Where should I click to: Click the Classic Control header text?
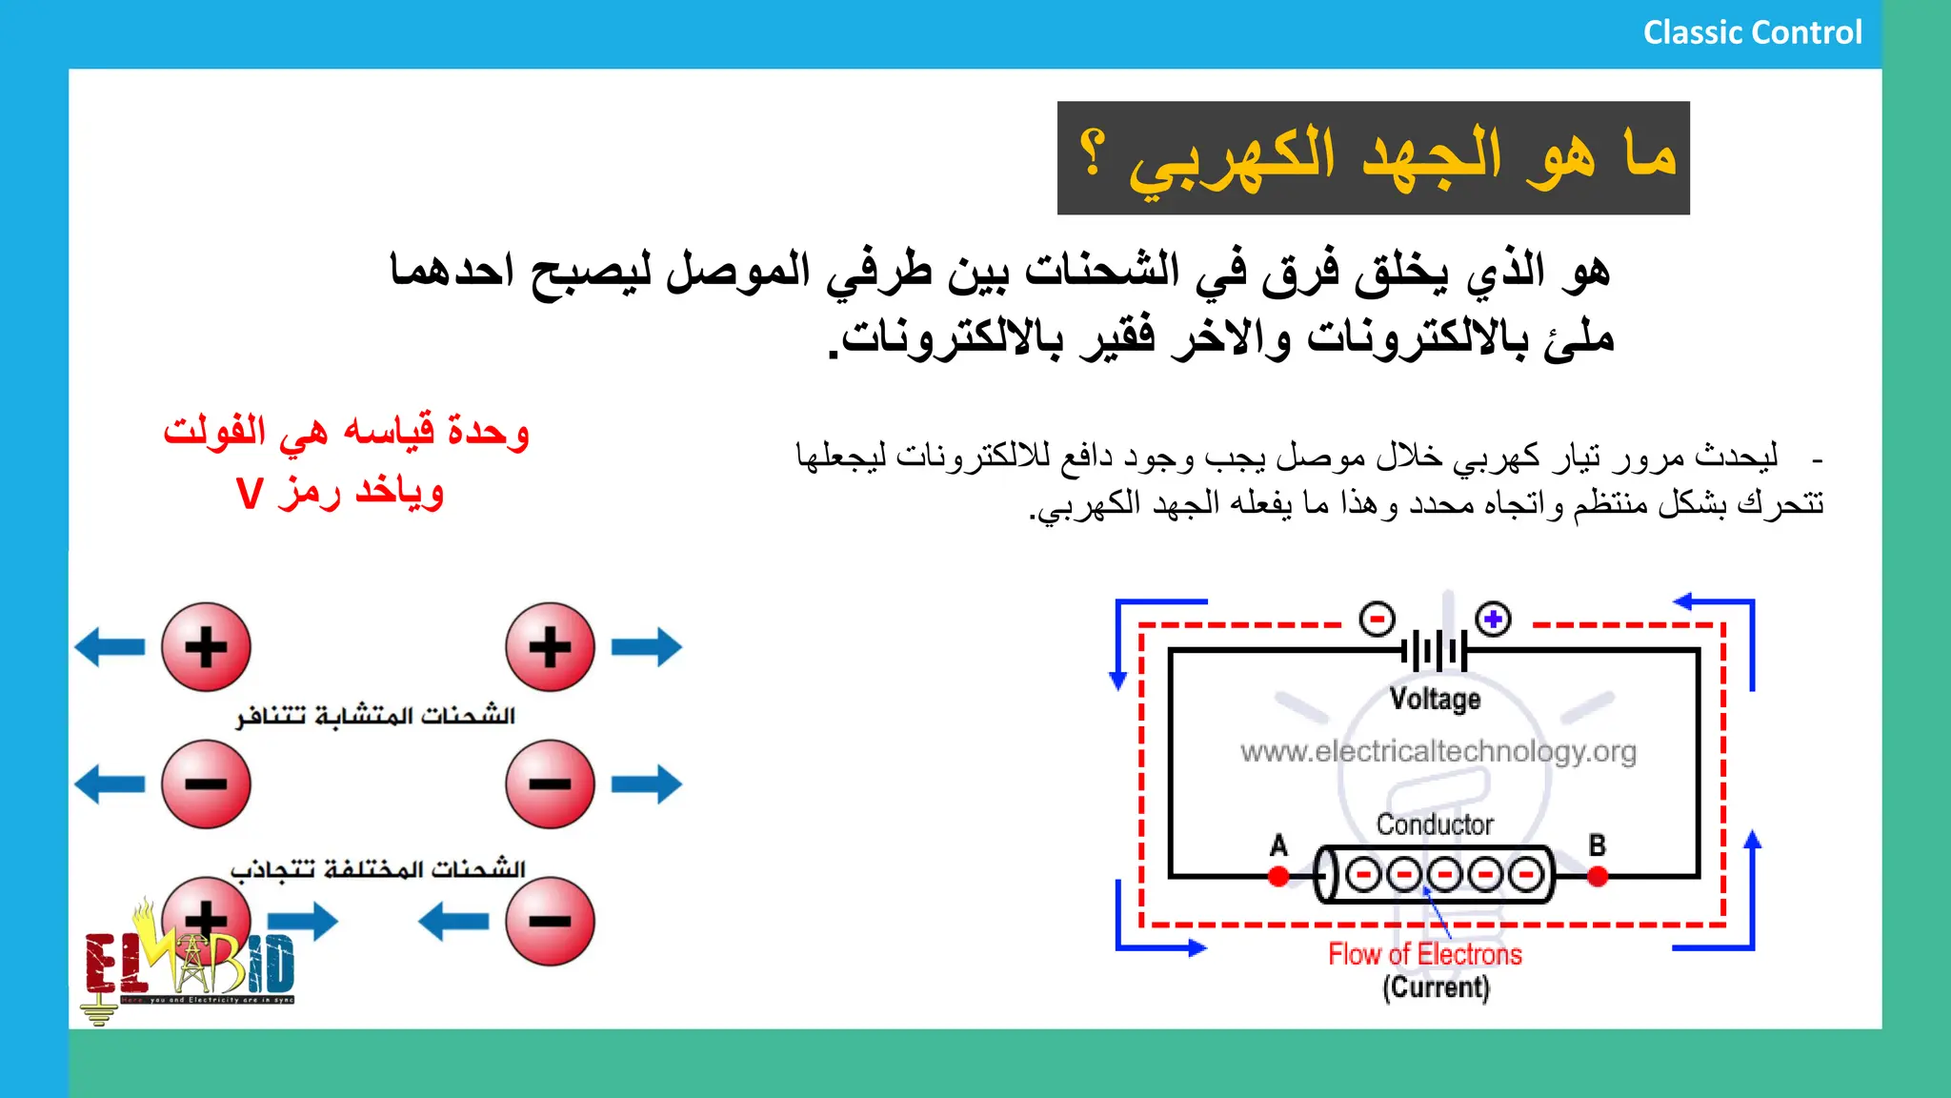point(1751,32)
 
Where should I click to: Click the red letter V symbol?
point(250,494)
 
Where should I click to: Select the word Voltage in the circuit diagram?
point(1435,699)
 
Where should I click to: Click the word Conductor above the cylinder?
point(1435,824)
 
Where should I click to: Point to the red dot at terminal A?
point(1278,876)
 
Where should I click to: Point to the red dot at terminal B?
point(1598,876)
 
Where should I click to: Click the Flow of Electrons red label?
point(1425,954)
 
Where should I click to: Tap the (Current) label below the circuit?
point(1436,987)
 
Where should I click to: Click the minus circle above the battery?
point(1377,620)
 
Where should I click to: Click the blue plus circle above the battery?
point(1493,620)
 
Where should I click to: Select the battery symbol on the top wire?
point(1434,652)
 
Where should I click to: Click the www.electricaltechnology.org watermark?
point(1438,752)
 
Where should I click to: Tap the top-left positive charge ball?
point(206,647)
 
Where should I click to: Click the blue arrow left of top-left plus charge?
point(111,647)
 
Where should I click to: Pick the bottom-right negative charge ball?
point(550,921)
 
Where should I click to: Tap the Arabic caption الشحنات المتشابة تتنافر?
point(375,716)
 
